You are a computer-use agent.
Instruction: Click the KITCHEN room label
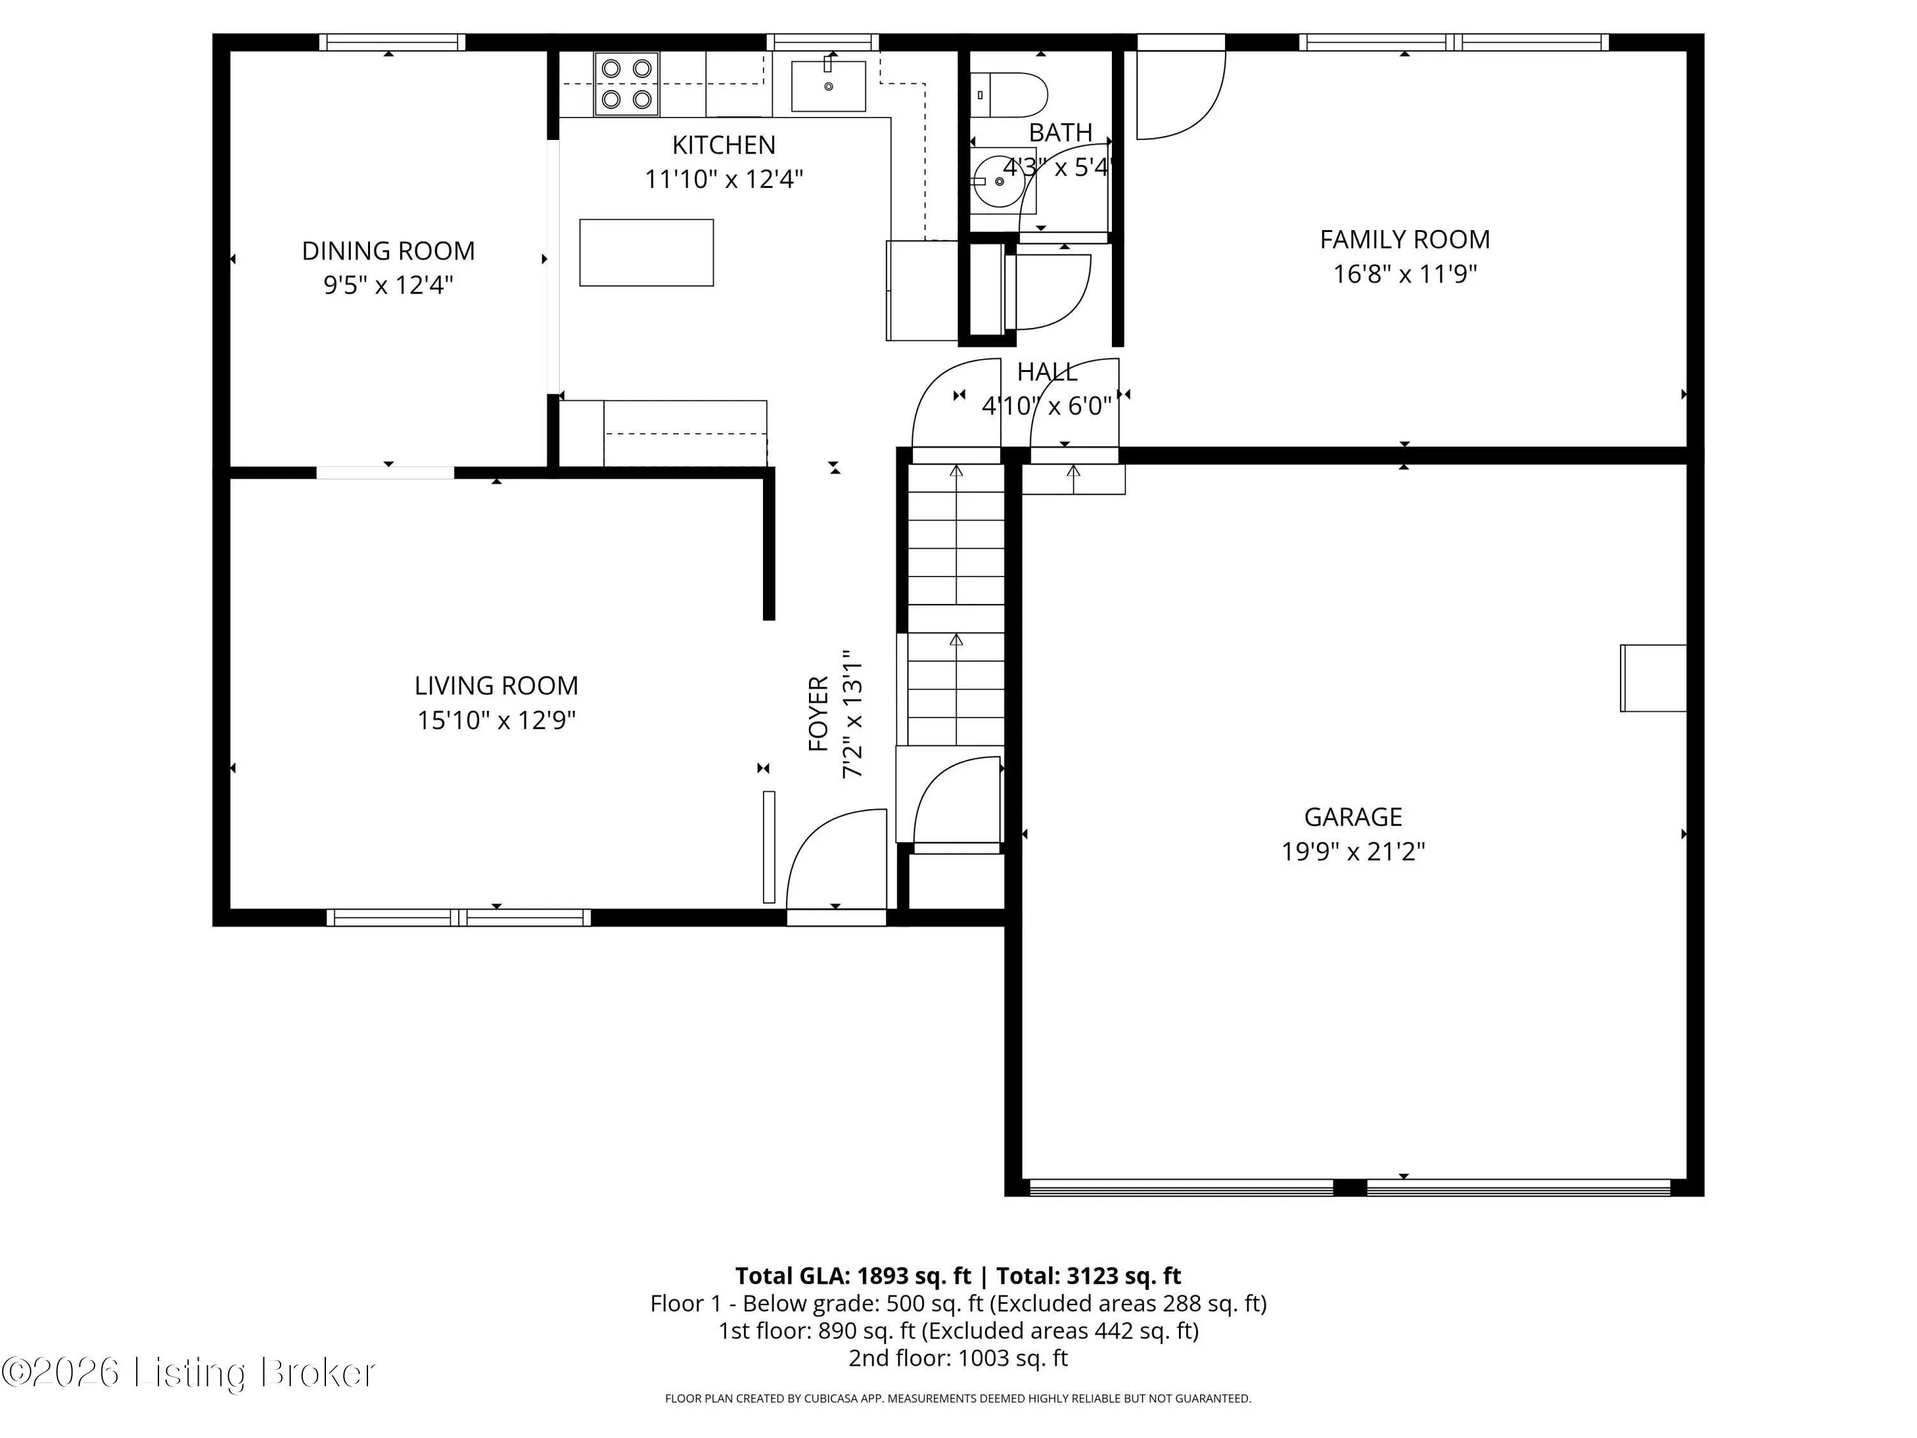tap(723, 144)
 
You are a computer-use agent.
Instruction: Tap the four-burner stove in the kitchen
tap(627, 84)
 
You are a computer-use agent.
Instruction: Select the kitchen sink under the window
tap(829, 86)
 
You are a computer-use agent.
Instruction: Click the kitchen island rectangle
tap(647, 252)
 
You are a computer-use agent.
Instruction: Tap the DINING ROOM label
tap(389, 251)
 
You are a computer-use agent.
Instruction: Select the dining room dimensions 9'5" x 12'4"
tap(389, 285)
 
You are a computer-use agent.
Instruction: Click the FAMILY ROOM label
tap(1405, 239)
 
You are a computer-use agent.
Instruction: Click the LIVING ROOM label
tap(496, 686)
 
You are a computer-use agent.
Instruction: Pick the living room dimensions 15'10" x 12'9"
tap(496, 720)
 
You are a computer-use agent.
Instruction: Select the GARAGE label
tap(1353, 817)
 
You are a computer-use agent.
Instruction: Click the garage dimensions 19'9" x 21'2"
tap(1353, 852)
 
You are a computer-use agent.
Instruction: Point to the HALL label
tap(1047, 372)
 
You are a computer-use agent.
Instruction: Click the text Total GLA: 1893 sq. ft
tap(853, 1276)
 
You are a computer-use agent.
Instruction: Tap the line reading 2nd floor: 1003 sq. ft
tap(958, 1357)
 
